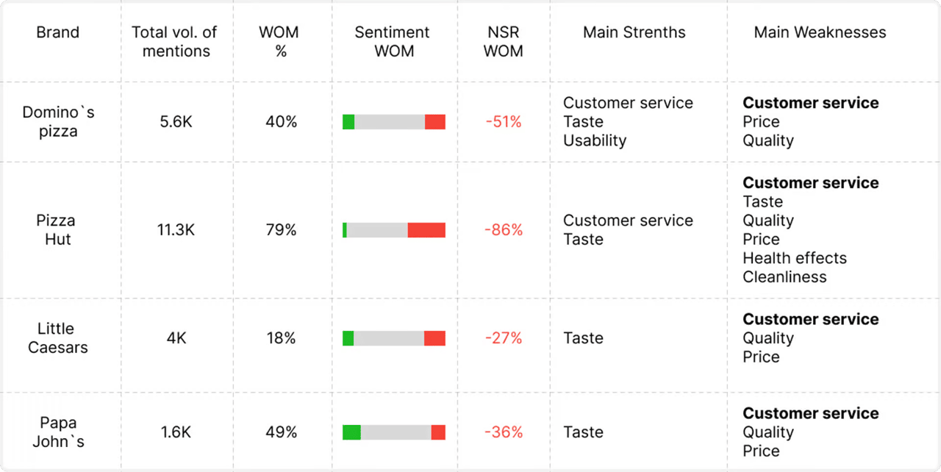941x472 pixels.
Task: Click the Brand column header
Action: click(57, 32)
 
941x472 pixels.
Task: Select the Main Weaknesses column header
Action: click(820, 32)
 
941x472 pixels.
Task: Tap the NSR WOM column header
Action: click(504, 42)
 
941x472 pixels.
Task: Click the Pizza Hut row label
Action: click(56, 229)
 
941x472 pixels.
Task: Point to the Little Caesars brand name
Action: click(57, 338)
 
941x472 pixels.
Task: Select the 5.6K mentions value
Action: click(176, 122)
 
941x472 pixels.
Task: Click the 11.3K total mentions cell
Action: click(176, 230)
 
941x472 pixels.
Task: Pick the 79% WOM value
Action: click(282, 230)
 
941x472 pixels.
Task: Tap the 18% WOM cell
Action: click(282, 338)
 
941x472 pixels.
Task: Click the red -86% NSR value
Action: click(504, 230)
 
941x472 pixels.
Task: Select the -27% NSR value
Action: click(504, 338)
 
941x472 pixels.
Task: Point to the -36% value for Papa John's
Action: click(504, 432)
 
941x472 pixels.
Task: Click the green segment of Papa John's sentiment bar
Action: click(351, 432)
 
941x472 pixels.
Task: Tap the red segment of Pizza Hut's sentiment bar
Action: click(426, 230)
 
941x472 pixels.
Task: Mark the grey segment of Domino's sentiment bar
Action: click(390, 122)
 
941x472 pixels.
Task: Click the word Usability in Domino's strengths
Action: click(595, 140)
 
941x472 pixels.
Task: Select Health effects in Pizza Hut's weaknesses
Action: click(795, 258)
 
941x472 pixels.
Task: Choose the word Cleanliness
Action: click(784, 277)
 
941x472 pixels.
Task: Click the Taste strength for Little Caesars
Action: click(583, 338)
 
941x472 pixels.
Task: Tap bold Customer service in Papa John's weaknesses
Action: click(810, 413)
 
